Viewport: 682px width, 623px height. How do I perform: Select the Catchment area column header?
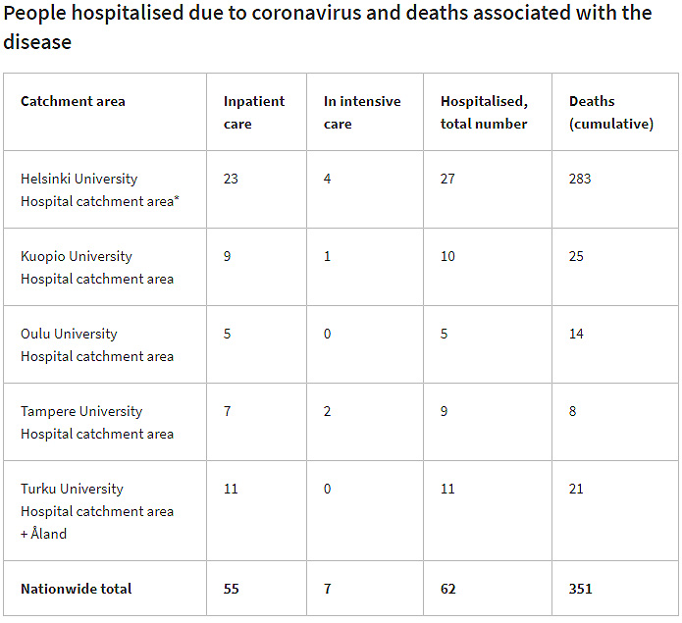coord(73,101)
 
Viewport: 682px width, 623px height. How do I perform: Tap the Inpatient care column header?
coord(254,112)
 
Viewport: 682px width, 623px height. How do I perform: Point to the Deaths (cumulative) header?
coord(610,112)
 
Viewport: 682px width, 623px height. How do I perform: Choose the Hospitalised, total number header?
coord(484,112)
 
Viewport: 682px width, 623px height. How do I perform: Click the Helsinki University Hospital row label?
coord(98,189)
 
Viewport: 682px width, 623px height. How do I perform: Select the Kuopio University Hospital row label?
coord(96,267)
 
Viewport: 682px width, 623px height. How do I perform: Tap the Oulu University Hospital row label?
coord(96,344)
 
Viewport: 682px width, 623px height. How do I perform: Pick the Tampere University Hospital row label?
coord(96,422)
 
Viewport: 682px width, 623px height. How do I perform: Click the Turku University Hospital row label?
coord(96,499)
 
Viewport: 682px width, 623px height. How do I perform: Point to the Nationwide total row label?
coord(76,589)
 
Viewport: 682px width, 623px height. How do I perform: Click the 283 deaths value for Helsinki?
coord(580,179)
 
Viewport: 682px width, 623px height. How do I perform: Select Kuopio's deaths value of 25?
coord(576,256)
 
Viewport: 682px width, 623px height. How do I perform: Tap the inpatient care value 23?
coord(231,179)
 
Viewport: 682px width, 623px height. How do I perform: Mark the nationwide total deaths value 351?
coord(580,589)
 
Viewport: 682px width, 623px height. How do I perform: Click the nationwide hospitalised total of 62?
coord(447,589)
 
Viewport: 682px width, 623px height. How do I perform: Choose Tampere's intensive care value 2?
coord(328,411)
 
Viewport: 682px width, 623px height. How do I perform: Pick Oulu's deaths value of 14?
coord(576,334)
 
